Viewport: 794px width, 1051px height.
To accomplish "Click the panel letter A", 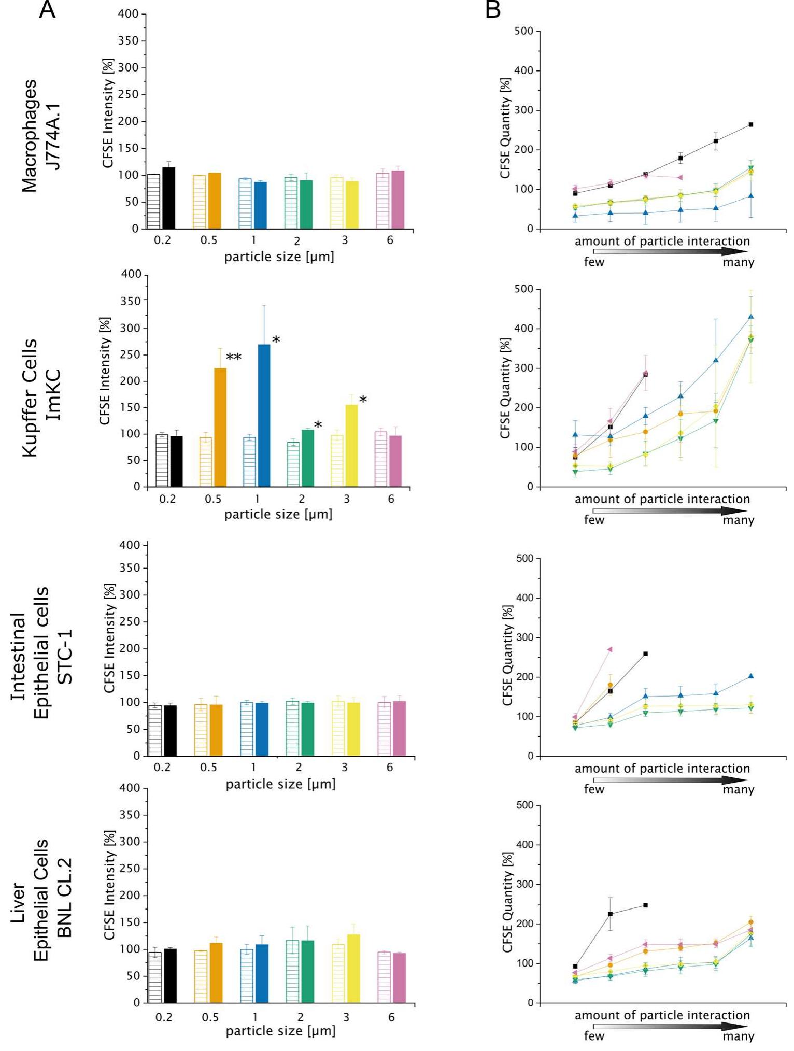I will coord(47,9).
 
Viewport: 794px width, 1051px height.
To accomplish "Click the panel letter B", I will coord(493,9).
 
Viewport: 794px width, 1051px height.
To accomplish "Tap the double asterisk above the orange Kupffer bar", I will coord(234,357).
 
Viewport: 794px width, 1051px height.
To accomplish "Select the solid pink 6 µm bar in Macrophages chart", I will coord(398,200).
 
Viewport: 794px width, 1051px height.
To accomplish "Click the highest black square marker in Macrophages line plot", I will coord(751,124).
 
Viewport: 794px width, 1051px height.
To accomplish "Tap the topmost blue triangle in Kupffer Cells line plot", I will coord(751,317).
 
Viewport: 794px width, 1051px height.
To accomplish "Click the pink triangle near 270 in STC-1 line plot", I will coord(610,649).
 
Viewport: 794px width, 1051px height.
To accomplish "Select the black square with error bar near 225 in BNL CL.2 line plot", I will coord(611,914).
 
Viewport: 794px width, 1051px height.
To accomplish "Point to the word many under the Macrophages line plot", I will coord(738,262).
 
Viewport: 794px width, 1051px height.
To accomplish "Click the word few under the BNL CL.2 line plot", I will coord(594,1036).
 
